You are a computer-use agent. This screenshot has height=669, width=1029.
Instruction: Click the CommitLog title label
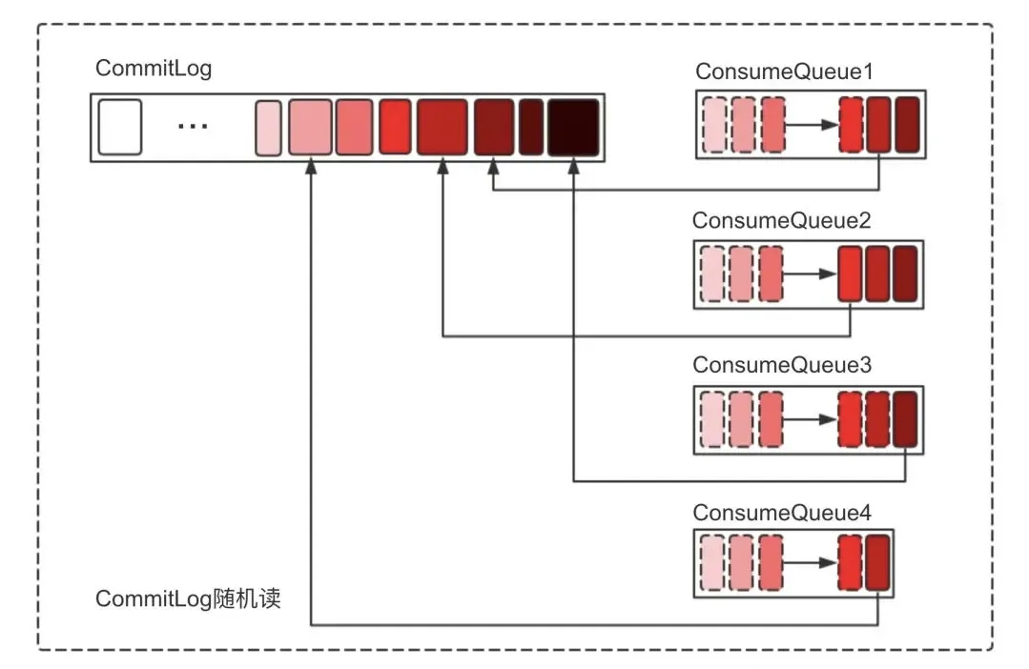(x=154, y=69)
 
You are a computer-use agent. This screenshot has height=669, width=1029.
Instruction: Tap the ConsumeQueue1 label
(x=784, y=71)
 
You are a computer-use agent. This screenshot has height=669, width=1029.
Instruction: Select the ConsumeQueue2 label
(x=782, y=220)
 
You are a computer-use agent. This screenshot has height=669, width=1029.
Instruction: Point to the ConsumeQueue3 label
(x=782, y=365)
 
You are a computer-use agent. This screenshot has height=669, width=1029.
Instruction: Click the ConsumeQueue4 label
(x=782, y=513)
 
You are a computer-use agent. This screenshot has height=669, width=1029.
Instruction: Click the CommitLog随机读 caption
(x=188, y=598)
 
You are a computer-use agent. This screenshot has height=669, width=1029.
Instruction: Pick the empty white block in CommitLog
(x=120, y=128)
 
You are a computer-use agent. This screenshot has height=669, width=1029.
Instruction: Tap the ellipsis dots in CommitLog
(x=193, y=125)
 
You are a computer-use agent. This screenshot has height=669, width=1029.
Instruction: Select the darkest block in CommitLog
(x=573, y=128)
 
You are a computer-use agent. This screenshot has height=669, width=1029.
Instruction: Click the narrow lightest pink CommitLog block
(x=268, y=128)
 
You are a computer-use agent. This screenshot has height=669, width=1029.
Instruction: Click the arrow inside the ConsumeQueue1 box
(x=813, y=125)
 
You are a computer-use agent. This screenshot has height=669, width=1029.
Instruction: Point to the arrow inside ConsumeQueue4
(x=810, y=563)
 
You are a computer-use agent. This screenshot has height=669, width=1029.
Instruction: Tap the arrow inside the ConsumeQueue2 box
(x=810, y=274)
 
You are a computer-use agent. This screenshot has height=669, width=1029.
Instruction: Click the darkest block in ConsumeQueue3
(x=906, y=419)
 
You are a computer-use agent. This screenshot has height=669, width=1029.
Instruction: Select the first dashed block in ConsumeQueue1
(x=714, y=125)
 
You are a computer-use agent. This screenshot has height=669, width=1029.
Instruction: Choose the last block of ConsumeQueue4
(x=878, y=563)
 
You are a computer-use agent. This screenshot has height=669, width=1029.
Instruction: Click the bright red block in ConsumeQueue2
(x=851, y=274)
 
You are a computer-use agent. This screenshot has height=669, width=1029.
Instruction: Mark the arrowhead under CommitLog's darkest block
(x=573, y=168)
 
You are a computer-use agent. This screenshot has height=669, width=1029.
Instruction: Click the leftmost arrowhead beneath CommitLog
(x=311, y=168)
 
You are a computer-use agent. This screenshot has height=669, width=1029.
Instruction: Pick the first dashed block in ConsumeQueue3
(x=712, y=419)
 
